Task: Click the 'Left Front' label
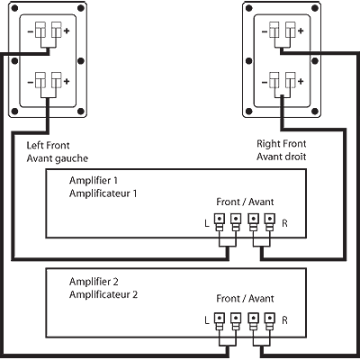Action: (48, 146)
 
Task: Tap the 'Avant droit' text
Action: (282, 157)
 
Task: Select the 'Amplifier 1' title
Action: (94, 181)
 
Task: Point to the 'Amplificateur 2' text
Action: (103, 294)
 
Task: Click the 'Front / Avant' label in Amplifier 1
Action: (245, 202)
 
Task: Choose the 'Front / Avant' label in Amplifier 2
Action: (245, 299)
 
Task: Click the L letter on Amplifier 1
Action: (207, 223)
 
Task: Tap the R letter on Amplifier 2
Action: (284, 320)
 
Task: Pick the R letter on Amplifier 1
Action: (284, 223)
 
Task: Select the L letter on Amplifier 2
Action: (207, 320)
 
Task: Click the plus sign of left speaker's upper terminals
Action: (67, 31)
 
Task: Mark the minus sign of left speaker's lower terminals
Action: (31, 82)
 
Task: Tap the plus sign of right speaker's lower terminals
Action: (301, 81)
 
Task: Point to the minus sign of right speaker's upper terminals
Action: (265, 31)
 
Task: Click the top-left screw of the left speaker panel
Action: (14, 8)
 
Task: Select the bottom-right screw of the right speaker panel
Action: (315, 112)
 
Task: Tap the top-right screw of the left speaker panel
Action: (81, 8)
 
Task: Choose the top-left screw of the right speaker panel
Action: (248, 8)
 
